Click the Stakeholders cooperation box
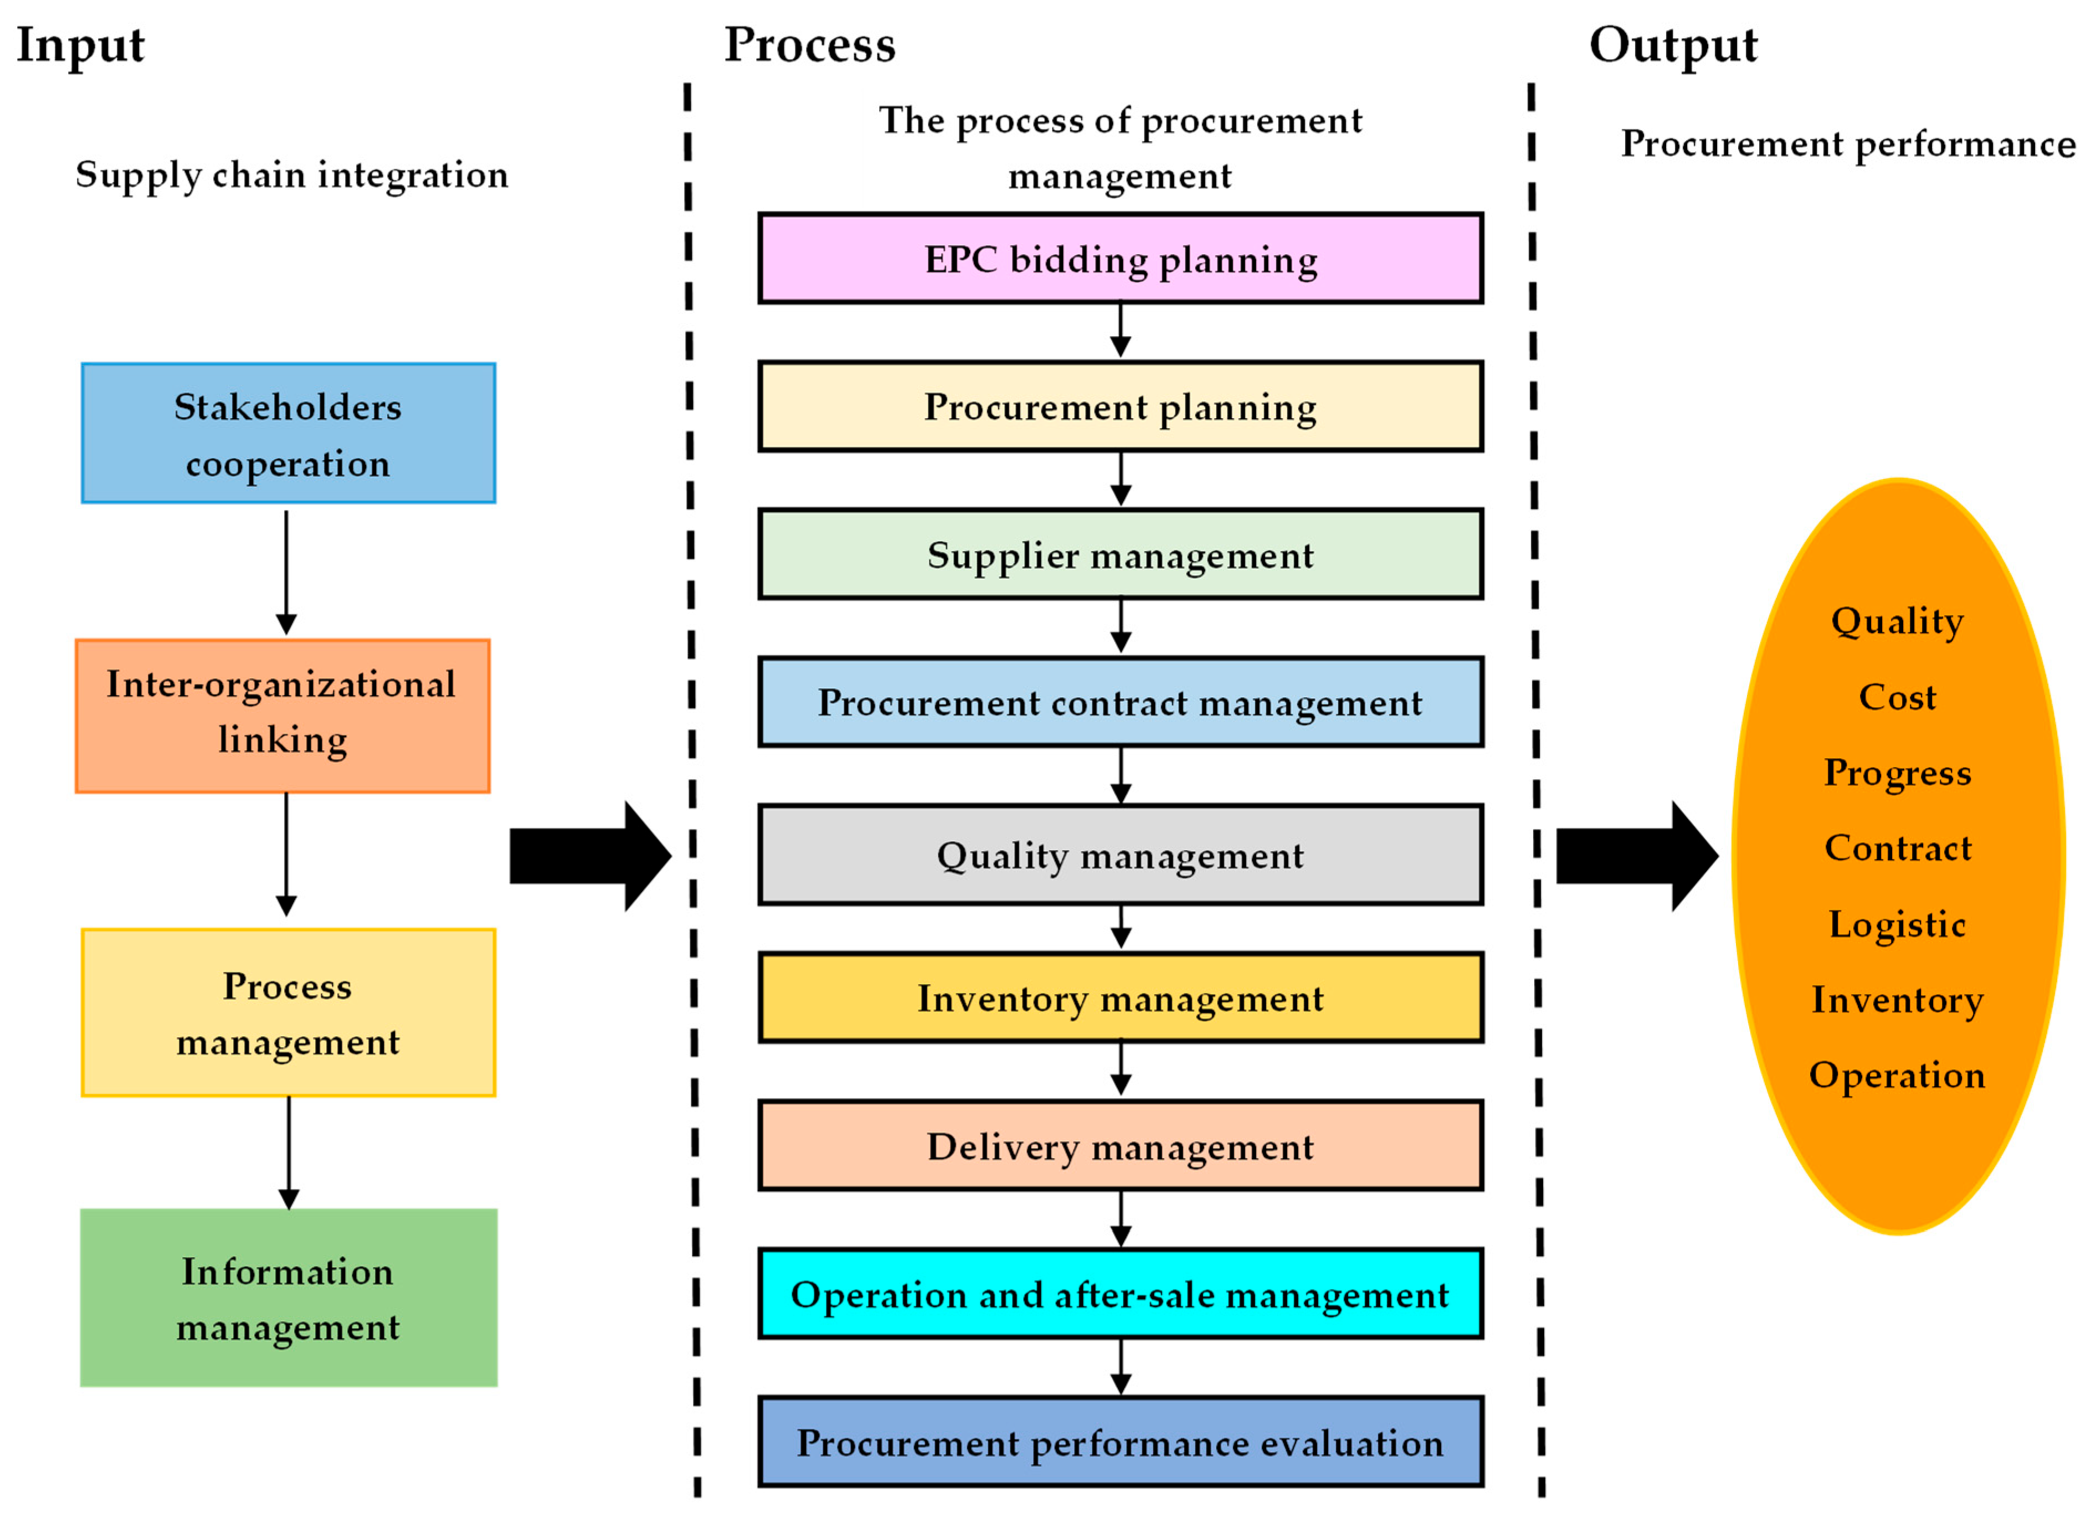pos(287,433)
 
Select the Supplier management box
pos(1120,555)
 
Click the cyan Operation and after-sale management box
pos(1120,1294)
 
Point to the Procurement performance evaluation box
pos(1120,1443)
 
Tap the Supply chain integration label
pos(291,175)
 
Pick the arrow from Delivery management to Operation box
pos(1120,1219)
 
